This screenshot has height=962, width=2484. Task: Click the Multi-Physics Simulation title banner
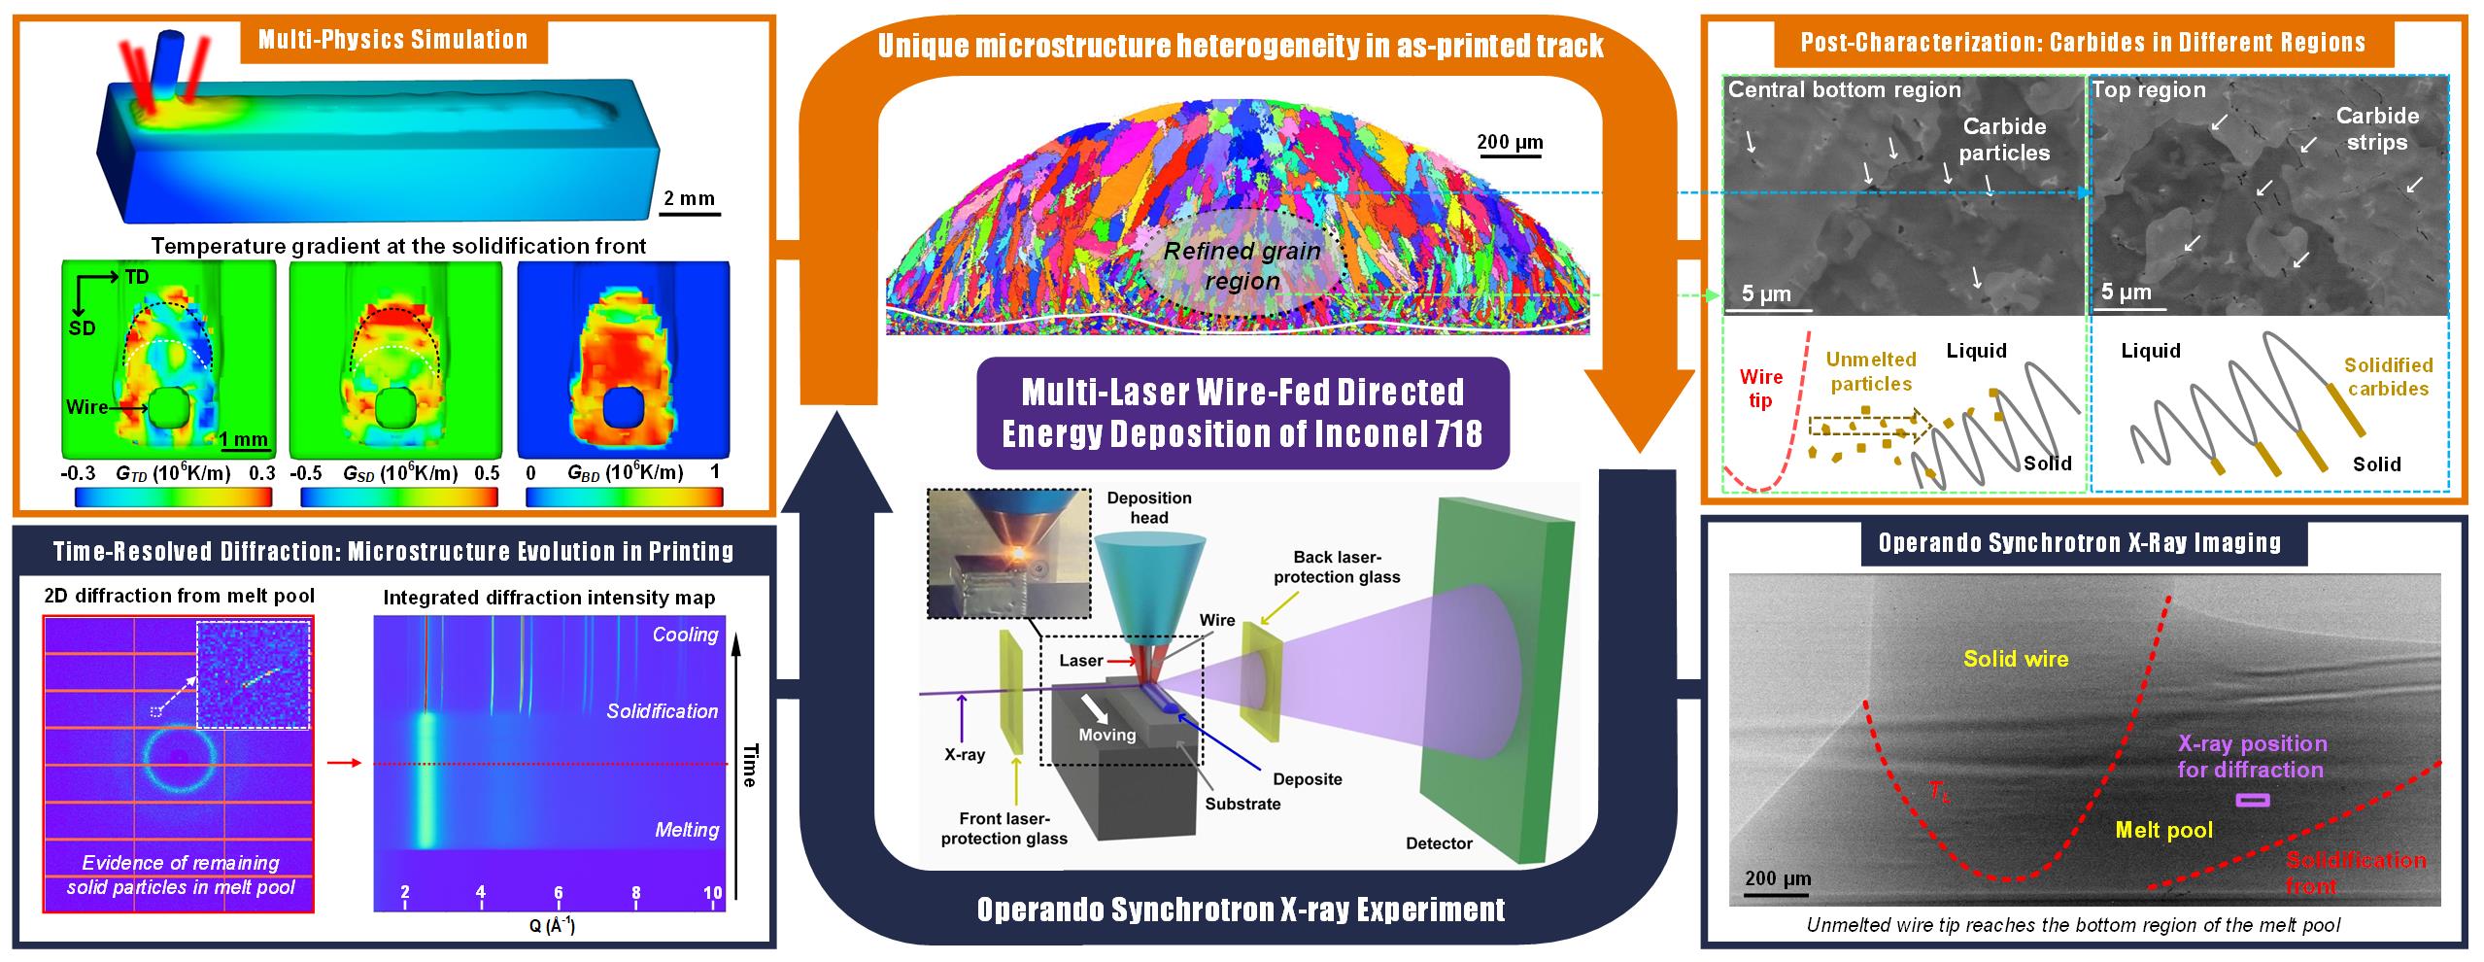pos(392,40)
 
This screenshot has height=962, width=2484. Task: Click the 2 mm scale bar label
pos(689,198)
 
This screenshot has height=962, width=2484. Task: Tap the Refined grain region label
pos(1242,265)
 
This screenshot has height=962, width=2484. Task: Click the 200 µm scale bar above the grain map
pos(1510,143)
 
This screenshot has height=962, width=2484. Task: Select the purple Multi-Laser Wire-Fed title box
pos(1242,412)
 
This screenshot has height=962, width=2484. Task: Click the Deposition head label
pos(1148,507)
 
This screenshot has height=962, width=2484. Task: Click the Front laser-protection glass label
pos(1004,828)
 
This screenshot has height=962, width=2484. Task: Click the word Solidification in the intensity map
pos(662,711)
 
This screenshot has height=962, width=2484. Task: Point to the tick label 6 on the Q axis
pos(558,893)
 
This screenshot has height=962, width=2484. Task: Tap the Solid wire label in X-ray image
pos(2016,659)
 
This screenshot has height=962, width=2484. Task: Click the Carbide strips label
pos(2377,128)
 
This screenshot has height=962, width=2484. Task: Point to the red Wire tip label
pos(1760,388)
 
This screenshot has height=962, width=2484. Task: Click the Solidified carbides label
pos(2388,377)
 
